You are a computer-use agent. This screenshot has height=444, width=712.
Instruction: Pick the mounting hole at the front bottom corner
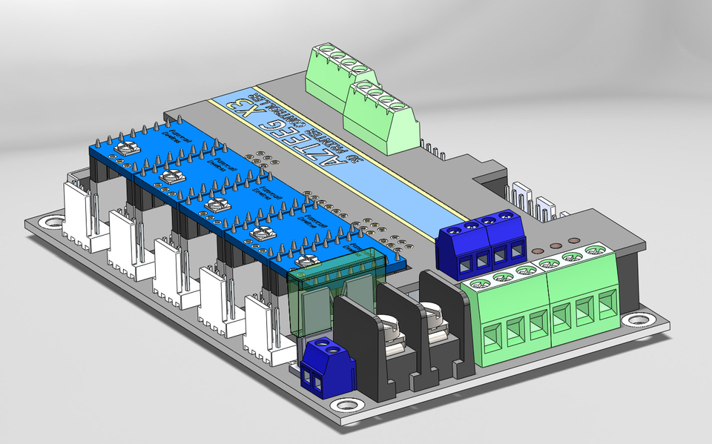(x=345, y=405)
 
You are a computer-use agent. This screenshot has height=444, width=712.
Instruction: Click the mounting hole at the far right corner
(x=636, y=320)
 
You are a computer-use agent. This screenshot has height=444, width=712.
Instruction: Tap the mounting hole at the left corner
(x=51, y=221)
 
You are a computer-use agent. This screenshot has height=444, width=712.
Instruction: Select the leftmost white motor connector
(x=80, y=215)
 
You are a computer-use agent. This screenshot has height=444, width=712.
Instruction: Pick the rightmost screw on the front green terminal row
(x=593, y=251)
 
